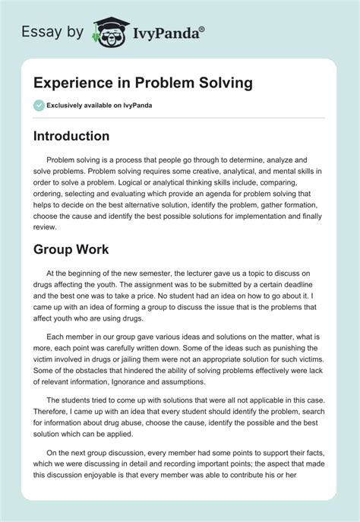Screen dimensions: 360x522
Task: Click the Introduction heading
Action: pyautogui.click(x=81, y=136)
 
